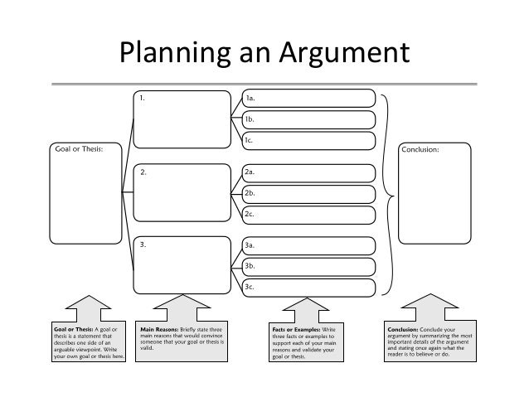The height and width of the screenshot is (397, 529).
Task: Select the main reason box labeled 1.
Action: [x=182, y=119]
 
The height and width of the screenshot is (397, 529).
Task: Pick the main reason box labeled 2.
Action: [x=182, y=193]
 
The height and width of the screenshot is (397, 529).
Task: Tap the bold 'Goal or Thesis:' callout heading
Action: [x=57, y=329]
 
